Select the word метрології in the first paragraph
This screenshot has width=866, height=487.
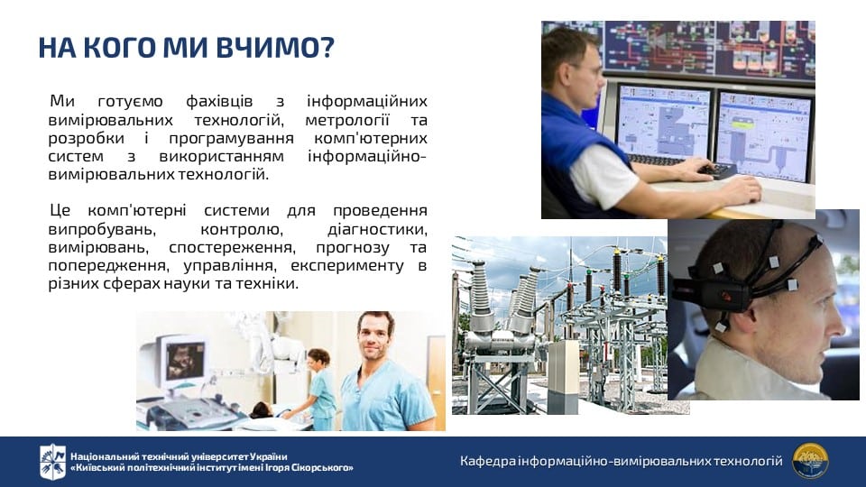click(346, 120)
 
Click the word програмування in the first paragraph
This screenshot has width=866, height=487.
click(231, 138)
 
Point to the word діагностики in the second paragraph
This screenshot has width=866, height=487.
click(377, 229)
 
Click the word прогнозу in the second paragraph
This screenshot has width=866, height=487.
click(353, 247)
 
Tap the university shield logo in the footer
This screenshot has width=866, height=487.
click(52, 462)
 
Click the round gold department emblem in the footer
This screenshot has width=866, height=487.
click(810, 461)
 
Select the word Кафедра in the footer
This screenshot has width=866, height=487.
click(489, 461)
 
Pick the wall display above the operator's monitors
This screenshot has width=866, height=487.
click(710, 50)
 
